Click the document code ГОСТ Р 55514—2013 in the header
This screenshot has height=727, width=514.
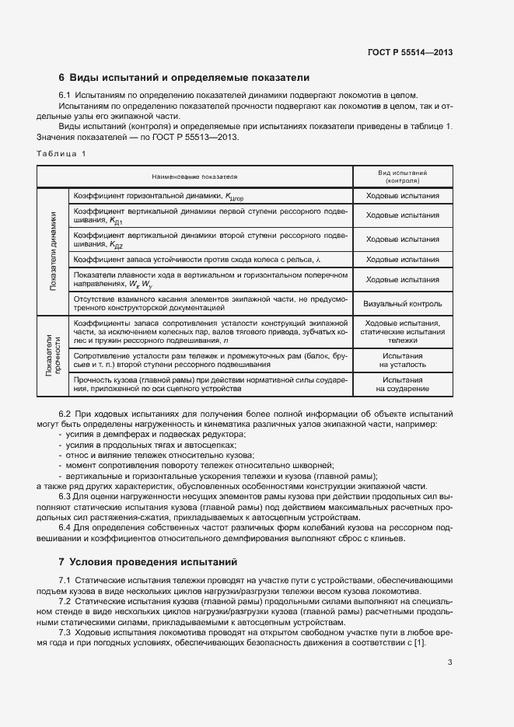point(410,52)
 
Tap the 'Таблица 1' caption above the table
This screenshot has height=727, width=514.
point(61,153)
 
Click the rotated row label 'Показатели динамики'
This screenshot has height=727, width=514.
point(53,250)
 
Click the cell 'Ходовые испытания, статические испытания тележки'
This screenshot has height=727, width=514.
point(402,331)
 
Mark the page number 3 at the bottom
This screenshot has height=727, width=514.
point(450,662)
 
